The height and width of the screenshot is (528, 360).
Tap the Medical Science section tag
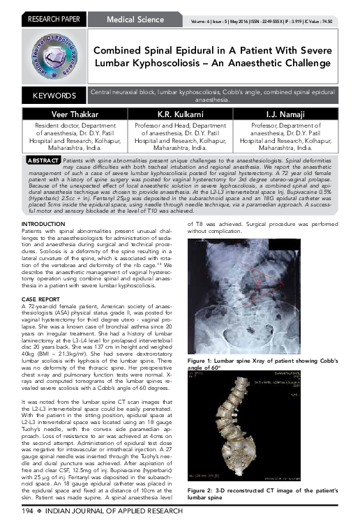(x=131, y=10)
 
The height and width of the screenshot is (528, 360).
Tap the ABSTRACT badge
(x=40, y=160)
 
